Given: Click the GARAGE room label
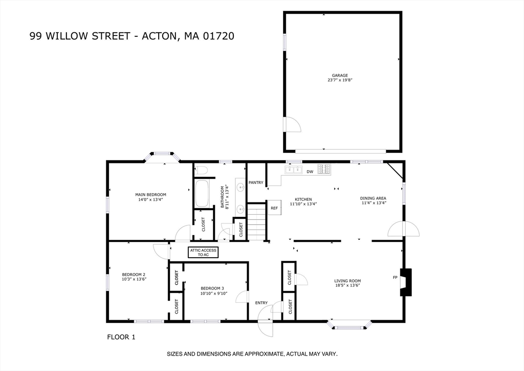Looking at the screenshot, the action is point(340,76).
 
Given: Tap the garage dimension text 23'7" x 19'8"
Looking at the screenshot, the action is point(340,80).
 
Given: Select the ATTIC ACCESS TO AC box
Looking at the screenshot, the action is point(203,253).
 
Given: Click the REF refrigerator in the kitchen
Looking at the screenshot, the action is point(274,208).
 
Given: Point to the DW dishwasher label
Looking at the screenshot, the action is point(310,172).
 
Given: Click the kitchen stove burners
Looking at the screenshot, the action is point(324,169).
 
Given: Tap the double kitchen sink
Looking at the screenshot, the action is point(293,170).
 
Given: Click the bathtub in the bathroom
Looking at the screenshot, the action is point(202,194).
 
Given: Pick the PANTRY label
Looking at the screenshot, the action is point(256,182).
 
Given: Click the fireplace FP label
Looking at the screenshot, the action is point(395,277).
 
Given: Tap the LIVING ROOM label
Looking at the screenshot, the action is point(347,281).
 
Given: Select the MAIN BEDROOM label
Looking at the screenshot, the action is point(151,195).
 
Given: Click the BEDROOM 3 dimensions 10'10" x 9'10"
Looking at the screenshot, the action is point(214,294).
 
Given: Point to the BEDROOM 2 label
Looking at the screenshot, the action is point(134,275).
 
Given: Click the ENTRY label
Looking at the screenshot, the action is point(261,303).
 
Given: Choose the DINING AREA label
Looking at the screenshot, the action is point(373,198).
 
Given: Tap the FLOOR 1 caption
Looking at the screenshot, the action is point(121,337).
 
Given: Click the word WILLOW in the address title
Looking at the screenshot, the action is point(67,36).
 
